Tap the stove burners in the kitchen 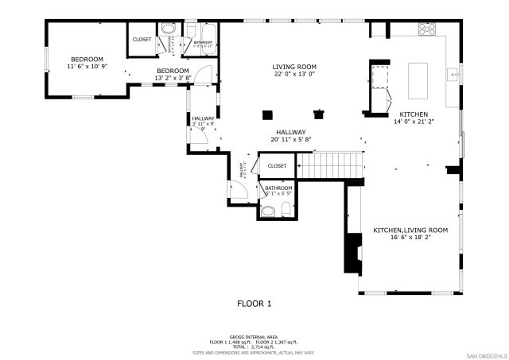427,30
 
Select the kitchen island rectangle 418,78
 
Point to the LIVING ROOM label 294,67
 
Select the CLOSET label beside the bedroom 142,39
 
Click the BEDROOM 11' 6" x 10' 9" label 87,64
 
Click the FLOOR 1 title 254,304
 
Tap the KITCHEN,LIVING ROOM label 410,230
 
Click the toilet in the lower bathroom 267,211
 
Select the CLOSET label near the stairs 277,166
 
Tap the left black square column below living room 266,113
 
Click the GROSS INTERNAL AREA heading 254,336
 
